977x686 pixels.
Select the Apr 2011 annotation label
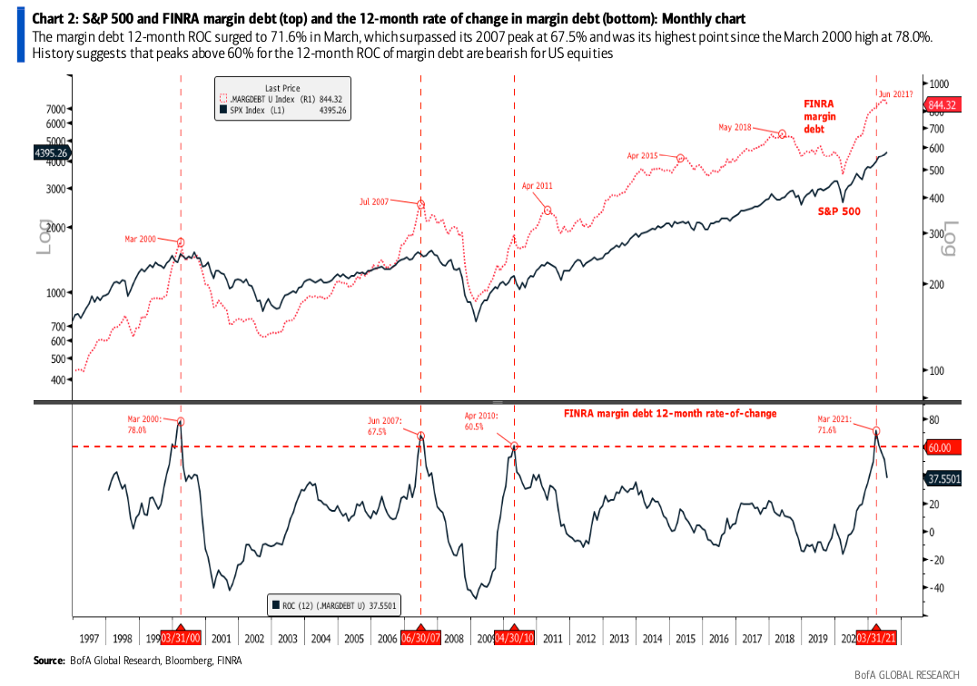(x=537, y=185)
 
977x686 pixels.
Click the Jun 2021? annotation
(x=896, y=93)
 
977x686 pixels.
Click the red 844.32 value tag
(x=942, y=105)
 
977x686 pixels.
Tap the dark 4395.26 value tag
(x=51, y=153)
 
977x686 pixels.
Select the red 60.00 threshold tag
(x=940, y=447)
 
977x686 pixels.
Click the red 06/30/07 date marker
(x=420, y=639)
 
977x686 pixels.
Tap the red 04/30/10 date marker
(x=515, y=639)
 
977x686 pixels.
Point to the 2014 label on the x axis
(x=653, y=639)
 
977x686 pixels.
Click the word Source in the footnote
(x=49, y=660)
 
